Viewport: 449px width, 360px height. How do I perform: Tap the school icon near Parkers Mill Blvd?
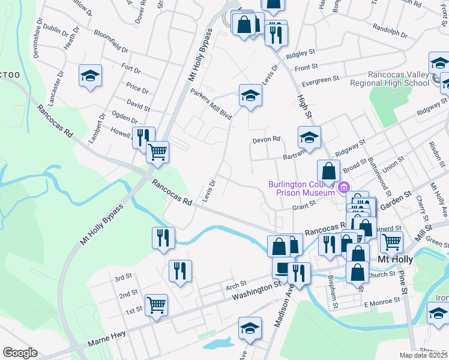pyautogui.click(x=250, y=95)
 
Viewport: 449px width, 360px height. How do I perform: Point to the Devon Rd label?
pyautogui.click(x=267, y=139)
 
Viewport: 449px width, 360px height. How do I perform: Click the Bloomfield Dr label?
pyautogui.click(x=110, y=44)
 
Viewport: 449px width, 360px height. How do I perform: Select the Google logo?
pyautogui.click(x=20, y=353)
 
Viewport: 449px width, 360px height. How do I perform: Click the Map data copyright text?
pyautogui.click(x=424, y=355)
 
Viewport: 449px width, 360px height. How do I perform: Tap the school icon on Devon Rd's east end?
pyautogui.click(x=309, y=137)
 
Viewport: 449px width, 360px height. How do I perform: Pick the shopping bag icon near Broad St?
pyautogui.click(x=328, y=170)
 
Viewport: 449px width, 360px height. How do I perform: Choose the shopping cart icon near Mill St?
pyautogui.click(x=391, y=241)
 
